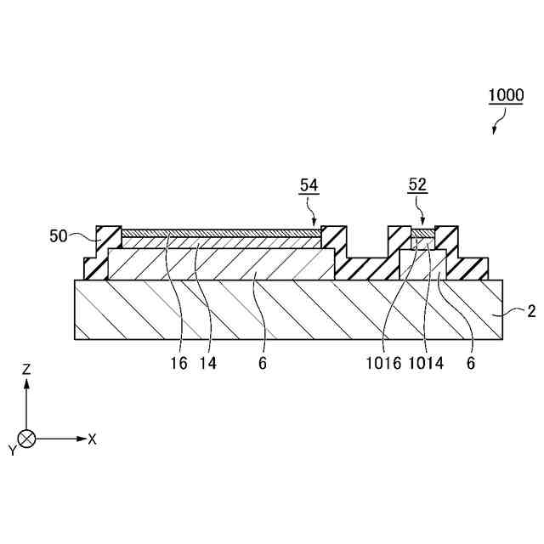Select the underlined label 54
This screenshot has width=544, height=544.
point(309,185)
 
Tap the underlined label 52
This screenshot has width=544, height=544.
point(418,185)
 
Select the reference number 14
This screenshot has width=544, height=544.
point(207,363)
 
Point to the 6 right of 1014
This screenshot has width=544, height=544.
point(471,363)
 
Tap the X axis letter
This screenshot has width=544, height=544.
point(92,439)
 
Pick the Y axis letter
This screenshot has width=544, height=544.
point(12,450)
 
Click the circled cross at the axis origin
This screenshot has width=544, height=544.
point(26,439)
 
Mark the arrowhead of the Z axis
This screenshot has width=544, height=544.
point(26,383)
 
